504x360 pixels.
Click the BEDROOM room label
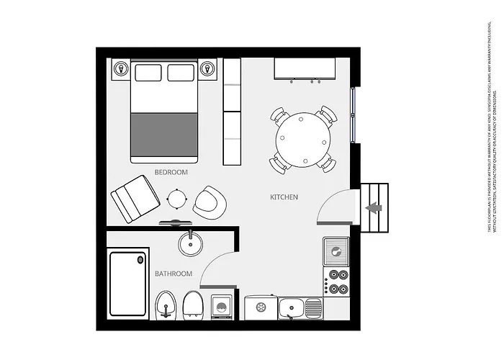click(171, 172)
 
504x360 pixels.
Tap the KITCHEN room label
click(284, 197)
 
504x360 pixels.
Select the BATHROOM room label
click(174, 274)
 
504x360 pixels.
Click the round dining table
click(303, 140)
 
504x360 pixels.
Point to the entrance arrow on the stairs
click(373, 208)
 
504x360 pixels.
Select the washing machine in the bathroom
click(221, 307)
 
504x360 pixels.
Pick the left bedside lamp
click(120, 68)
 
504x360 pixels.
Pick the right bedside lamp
click(208, 68)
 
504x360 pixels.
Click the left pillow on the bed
click(148, 73)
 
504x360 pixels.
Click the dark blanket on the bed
click(163, 133)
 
